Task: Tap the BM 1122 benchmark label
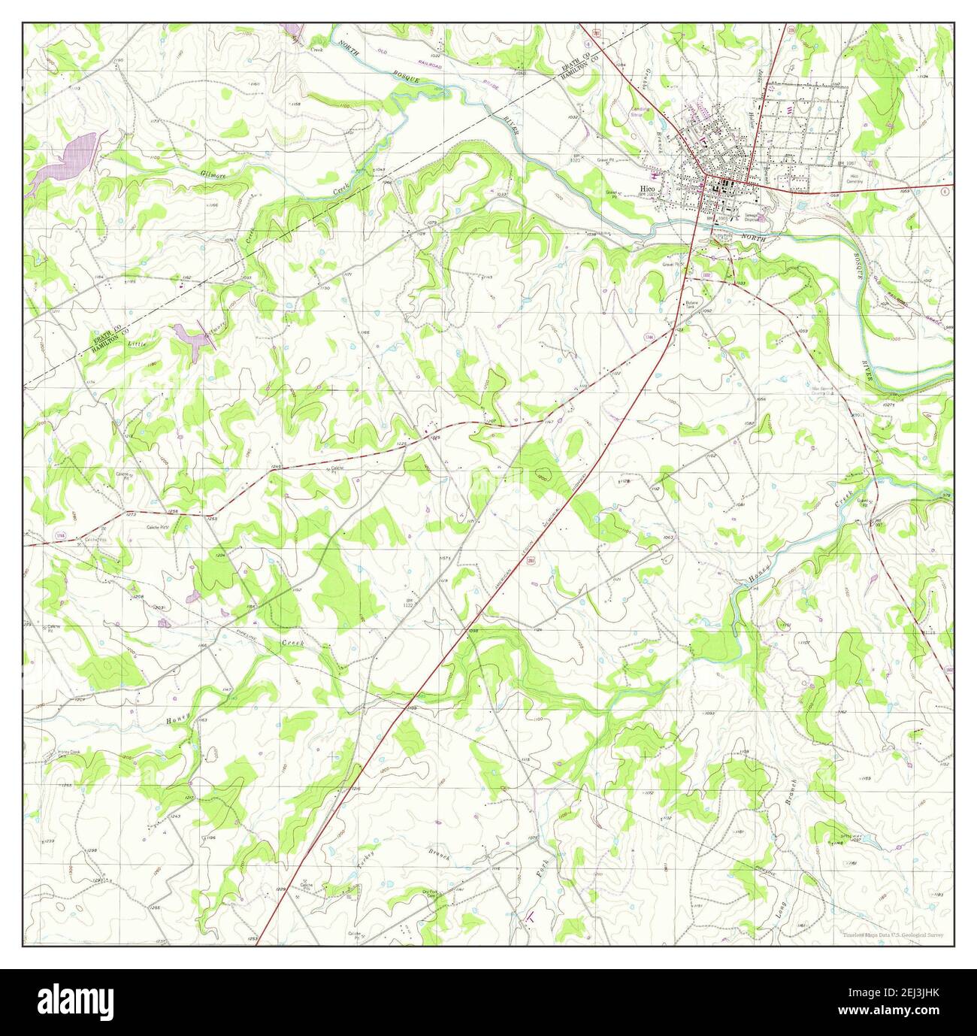coord(407,602)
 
